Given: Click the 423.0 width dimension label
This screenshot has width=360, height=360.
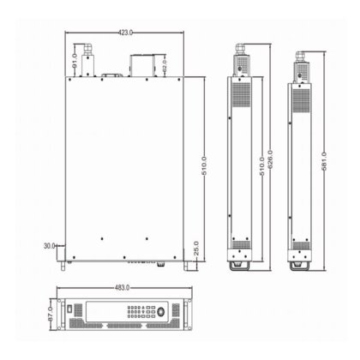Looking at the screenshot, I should [125, 32].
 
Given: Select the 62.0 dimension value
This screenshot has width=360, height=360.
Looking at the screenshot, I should [165, 65].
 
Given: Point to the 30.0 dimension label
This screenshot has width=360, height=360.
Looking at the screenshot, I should [50, 245].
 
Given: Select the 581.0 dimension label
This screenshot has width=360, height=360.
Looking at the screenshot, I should [322, 159].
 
